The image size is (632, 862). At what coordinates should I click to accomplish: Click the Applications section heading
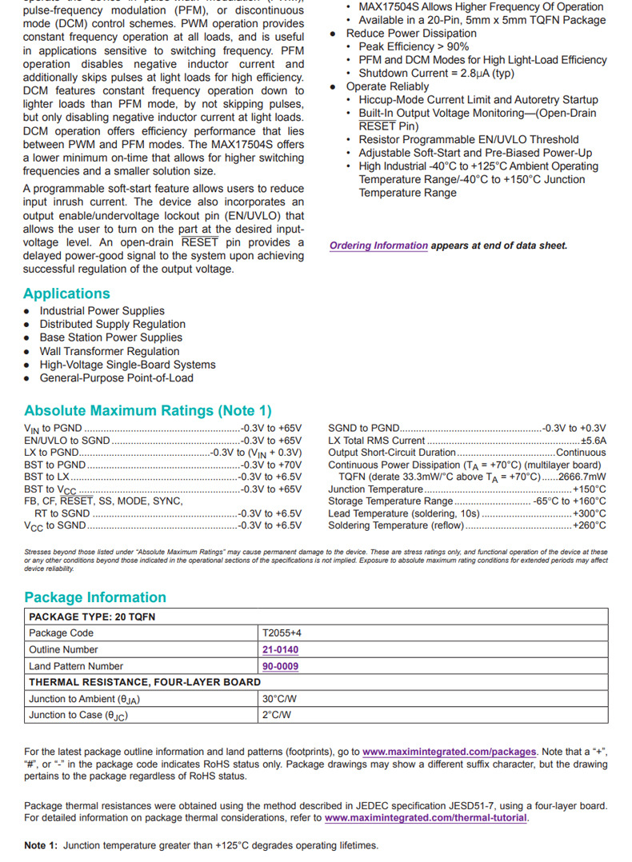click(x=67, y=293)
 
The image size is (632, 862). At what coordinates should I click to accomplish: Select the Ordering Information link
click(x=378, y=245)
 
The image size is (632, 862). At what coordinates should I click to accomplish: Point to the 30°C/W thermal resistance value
click(x=279, y=699)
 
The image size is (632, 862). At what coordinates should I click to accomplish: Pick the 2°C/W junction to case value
click(x=276, y=715)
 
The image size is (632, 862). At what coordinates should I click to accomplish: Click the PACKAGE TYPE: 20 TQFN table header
click(x=92, y=617)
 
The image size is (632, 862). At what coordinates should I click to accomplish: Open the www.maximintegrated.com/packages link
click(x=449, y=752)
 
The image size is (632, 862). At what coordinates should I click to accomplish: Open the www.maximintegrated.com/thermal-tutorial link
click(x=426, y=818)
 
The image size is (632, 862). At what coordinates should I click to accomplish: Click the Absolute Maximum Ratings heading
click(x=148, y=411)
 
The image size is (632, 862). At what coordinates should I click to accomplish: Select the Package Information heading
click(x=95, y=597)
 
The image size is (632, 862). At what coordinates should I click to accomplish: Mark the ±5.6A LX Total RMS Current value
click(x=593, y=441)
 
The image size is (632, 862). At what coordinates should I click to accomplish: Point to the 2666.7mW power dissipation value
click(x=582, y=477)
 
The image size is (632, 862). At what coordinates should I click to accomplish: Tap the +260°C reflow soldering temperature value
click(x=590, y=525)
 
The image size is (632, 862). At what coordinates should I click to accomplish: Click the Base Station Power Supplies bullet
click(x=110, y=337)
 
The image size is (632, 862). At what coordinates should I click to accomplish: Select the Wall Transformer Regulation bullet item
click(x=110, y=351)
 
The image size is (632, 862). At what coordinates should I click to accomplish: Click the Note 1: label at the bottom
click(x=42, y=845)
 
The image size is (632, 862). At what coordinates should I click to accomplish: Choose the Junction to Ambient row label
click(x=85, y=699)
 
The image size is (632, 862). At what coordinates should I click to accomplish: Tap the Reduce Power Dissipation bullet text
click(x=410, y=34)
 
